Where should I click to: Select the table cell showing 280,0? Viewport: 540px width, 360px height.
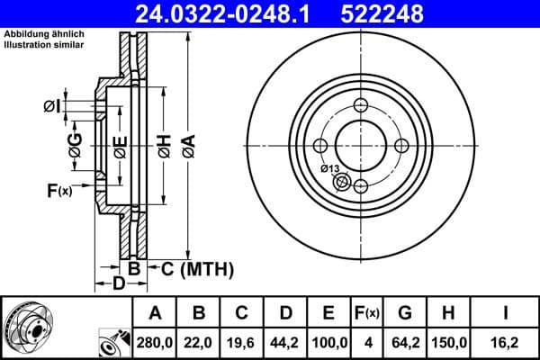pyautogui.click(x=154, y=343)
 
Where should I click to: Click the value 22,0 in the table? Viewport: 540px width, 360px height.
pyautogui.click(x=199, y=343)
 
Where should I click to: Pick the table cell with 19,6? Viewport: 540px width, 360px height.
pyautogui.click(x=242, y=343)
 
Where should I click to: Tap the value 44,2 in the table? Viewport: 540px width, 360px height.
pyautogui.click(x=286, y=343)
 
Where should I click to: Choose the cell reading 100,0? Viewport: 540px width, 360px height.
pyautogui.click(x=330, y=343)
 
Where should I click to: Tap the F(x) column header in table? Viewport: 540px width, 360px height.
pyautogui.click(x=369, y=313)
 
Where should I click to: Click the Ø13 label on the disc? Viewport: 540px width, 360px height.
pyautogui.click(x=329, y=169)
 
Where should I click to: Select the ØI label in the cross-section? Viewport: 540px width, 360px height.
pyautogui.click(x=51, y=108)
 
